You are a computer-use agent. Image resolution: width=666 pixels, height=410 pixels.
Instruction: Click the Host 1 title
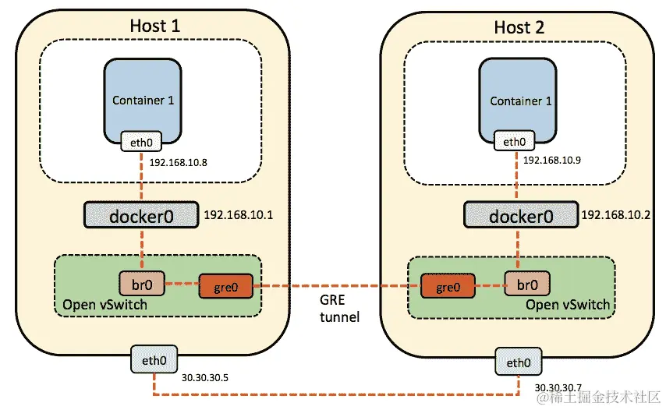(154, 26)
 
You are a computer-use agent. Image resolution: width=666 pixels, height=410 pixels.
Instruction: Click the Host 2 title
(520, 27)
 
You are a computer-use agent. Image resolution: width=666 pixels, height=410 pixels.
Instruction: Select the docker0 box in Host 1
(141, 216)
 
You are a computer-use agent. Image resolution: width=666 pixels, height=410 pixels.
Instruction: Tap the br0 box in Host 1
(141, 282)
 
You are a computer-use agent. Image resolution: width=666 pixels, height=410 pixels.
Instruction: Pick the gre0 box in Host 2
(449, 286)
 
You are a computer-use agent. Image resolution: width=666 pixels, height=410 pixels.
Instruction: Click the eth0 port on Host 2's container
(515, 142)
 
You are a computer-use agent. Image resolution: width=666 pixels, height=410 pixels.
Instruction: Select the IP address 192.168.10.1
(239, 214)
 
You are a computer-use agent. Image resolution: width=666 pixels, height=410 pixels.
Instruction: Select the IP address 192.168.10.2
(617, 214)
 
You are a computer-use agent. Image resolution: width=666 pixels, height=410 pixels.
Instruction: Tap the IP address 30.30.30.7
(557, 387)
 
